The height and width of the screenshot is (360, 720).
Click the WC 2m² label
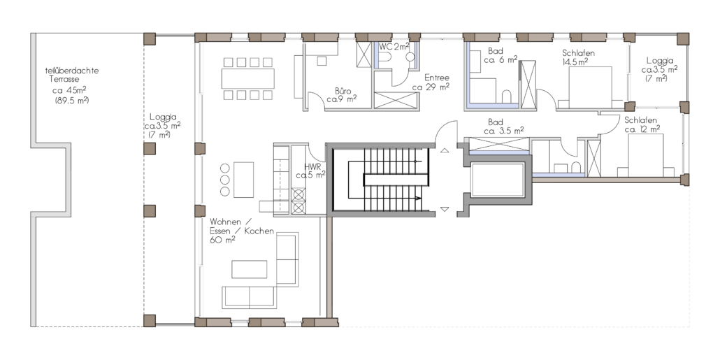pyautogui.click(x=394, y=46)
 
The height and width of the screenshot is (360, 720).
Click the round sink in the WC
pyautogui.click(x=410, y=57)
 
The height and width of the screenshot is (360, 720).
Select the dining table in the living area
pyautogui.click(x=248, y=78)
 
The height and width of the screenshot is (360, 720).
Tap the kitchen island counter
pyautogui.click(x=243, y=180)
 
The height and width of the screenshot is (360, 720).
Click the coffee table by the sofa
pyautogui.click(x=250, y=269)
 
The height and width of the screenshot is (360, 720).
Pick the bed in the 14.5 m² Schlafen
pyautogui.click(x=590, y=87)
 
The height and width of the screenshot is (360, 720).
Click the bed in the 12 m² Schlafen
pyautogui.click(x=646, y=154)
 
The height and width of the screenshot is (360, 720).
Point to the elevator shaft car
pyautogui.click(x=498, y=180)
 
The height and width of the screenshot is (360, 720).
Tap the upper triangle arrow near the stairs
pyautogui.click(x=445, y=150)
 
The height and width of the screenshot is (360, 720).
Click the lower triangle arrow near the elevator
pyautogui.click(x=445, y=209)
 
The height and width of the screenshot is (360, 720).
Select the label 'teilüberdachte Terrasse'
pyautogui.click(x=72, y=75)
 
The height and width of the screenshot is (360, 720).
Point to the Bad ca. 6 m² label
pyautogui.click(x=501, y=55)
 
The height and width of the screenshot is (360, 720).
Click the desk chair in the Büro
pyautogui.click(x=322, y=61)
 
